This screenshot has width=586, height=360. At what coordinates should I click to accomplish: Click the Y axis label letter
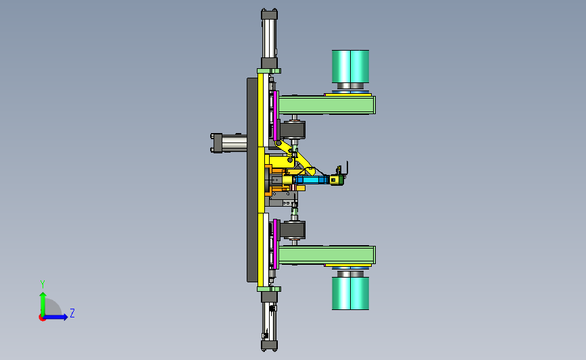point(43,284)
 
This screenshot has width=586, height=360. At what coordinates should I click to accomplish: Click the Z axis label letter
point(72,313)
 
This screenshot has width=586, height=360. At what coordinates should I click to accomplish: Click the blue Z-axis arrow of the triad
point(55,317)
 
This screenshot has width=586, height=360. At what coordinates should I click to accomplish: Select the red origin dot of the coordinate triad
point(42,317)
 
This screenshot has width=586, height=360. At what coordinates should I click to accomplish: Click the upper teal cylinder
point(351,66)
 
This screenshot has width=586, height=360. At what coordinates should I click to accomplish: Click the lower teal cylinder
point(351,293)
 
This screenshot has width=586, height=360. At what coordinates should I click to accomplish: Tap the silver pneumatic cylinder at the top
point(269,38)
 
